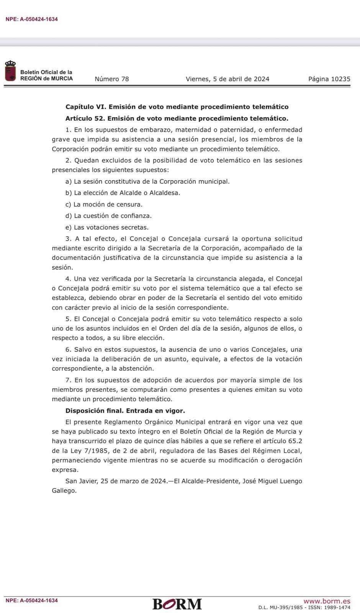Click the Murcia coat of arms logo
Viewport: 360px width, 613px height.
tap(10, 71)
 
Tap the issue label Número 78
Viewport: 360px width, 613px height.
tap(111, 79)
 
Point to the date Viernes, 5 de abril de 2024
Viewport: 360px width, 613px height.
tap(227, 79)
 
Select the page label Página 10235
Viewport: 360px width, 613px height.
tap(329, 79)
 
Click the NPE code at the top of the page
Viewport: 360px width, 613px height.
tap(31, 19)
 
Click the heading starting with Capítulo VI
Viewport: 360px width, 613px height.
tap(177, 107)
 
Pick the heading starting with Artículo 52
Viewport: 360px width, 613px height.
tap(177, 118)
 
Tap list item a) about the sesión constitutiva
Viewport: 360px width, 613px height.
tap(147, 181)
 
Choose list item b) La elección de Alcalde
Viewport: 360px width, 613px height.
tap(123, 193)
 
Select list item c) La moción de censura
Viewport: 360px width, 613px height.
tap(104, 204)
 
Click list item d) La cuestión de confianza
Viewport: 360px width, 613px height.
tap(108, 216)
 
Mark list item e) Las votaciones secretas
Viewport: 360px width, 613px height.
tap(107, 227)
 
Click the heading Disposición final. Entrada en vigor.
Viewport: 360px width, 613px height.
tap(125, 411)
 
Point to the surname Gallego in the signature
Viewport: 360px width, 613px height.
tap(64, 490)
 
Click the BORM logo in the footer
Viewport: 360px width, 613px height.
tap(177, 604)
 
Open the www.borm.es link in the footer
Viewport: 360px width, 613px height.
tap(327, 601)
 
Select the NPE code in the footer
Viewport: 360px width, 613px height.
tap(31, 600)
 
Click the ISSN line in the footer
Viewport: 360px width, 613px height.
tap(304, 607)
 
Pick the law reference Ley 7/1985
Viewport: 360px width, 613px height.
tap(82, 451)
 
